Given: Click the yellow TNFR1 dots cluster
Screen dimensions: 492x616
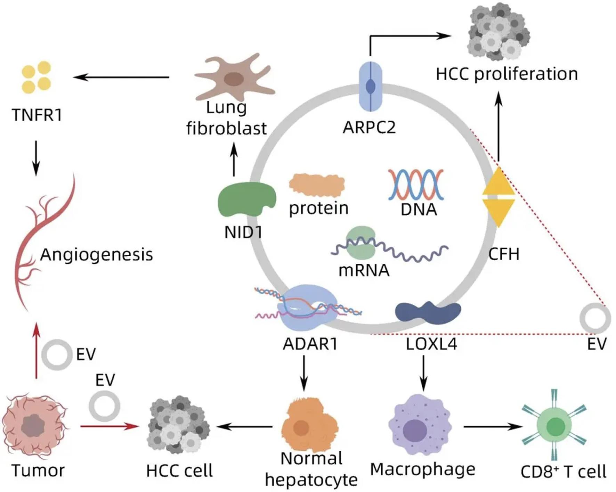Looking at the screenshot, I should click(x=36, y=77).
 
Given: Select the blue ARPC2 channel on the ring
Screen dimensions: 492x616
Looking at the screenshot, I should click(x=370, y=87).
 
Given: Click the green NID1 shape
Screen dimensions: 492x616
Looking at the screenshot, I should click(x=245, y=199).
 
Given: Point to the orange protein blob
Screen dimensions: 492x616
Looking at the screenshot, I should click(x=317, y=186).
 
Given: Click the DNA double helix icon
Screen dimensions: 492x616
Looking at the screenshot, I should click(x=416, y=184).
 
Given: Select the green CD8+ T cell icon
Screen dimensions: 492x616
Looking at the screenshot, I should click(x=554, y=426).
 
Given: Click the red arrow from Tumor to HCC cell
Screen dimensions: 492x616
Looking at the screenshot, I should click(x=109, y=426).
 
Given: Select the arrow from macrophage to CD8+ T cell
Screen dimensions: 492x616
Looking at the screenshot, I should click(x=493, y=426).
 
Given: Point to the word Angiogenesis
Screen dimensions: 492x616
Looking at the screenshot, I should click(x=96, y=255).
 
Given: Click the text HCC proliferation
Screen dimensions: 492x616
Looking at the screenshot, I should click(x=506, y=74).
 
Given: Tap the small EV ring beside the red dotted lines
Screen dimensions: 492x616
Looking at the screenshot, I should click(x=595, y=318).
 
